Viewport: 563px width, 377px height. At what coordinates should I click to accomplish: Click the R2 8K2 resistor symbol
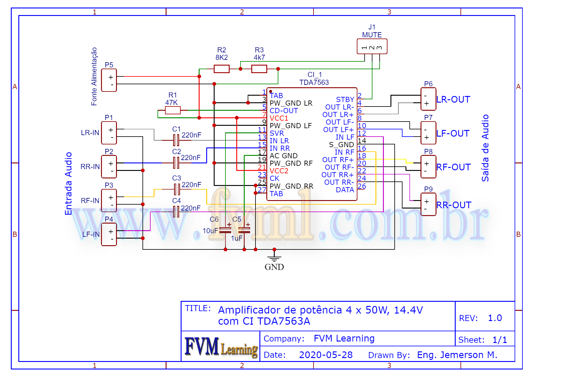222,69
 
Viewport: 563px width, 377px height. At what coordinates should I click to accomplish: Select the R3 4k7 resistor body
259,69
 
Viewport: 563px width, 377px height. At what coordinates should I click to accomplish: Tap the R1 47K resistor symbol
173,110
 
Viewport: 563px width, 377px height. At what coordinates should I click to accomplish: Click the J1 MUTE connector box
372,47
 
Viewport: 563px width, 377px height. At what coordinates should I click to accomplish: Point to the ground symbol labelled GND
274,258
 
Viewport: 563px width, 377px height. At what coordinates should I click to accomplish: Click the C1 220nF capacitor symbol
176,140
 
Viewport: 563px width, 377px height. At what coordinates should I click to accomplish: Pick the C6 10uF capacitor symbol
225,230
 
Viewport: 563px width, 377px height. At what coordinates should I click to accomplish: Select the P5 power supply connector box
109,80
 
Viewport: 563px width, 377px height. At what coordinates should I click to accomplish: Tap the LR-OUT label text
453,100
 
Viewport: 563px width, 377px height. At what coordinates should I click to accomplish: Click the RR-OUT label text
454,205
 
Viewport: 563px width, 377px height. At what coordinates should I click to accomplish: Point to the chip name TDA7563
314,82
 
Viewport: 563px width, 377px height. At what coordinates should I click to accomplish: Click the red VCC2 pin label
279,171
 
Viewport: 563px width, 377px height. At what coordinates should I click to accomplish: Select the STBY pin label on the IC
345,100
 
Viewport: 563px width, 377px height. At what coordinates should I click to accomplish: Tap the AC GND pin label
283,156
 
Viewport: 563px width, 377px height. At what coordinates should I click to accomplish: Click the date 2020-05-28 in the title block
326,355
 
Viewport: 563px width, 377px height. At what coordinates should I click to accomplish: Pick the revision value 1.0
495,318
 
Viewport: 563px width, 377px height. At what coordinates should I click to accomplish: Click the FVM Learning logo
221,347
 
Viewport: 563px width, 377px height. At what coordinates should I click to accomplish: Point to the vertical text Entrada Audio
69,184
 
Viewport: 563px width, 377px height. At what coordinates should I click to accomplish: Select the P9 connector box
428,205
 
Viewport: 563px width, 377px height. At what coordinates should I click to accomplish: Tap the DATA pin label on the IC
345,190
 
